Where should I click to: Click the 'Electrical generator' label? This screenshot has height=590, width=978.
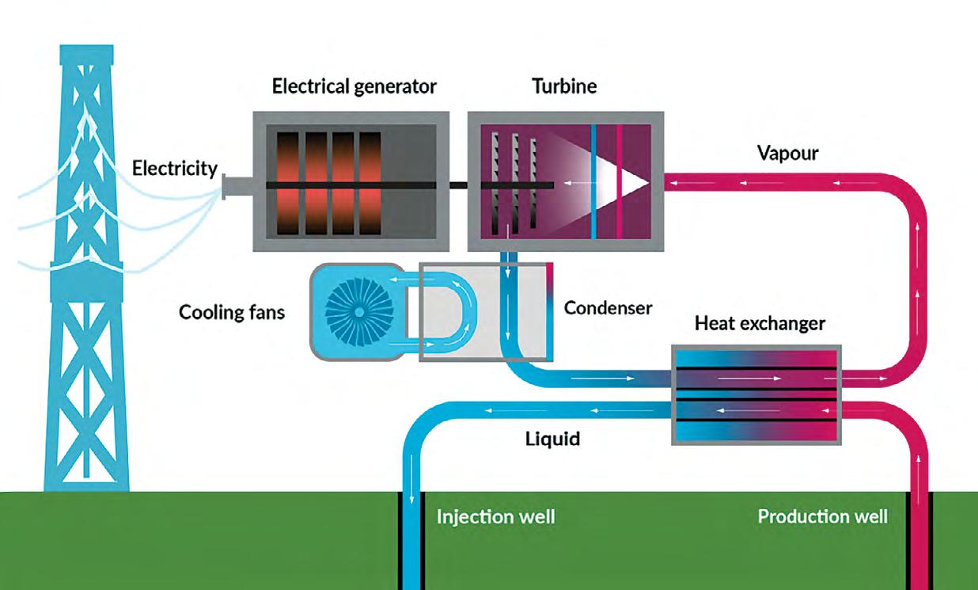(x=354, y=86)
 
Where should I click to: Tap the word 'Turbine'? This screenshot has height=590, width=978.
(x=563, y=86)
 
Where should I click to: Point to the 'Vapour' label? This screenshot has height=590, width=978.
(x=787, y=154)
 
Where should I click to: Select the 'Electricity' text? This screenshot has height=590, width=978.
(x=174, y=169)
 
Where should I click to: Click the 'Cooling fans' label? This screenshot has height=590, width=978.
(x=232, y=311)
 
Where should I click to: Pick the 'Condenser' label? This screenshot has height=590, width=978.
(x=608, y=307)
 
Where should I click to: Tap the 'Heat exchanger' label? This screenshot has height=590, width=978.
(x=760, y=323)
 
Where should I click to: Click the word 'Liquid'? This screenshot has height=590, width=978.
(x=552, y=438)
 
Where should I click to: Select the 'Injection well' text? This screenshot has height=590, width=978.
(x=495, y=518)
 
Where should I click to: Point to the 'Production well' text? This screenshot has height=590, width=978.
(x=822, y=517)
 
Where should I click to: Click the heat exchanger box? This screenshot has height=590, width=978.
(x=756, y=394)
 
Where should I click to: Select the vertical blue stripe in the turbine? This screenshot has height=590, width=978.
(x=593, y=182)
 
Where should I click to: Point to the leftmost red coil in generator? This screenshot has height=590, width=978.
(x=288, y=182)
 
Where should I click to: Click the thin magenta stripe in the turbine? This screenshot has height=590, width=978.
(x=619, y=182)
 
